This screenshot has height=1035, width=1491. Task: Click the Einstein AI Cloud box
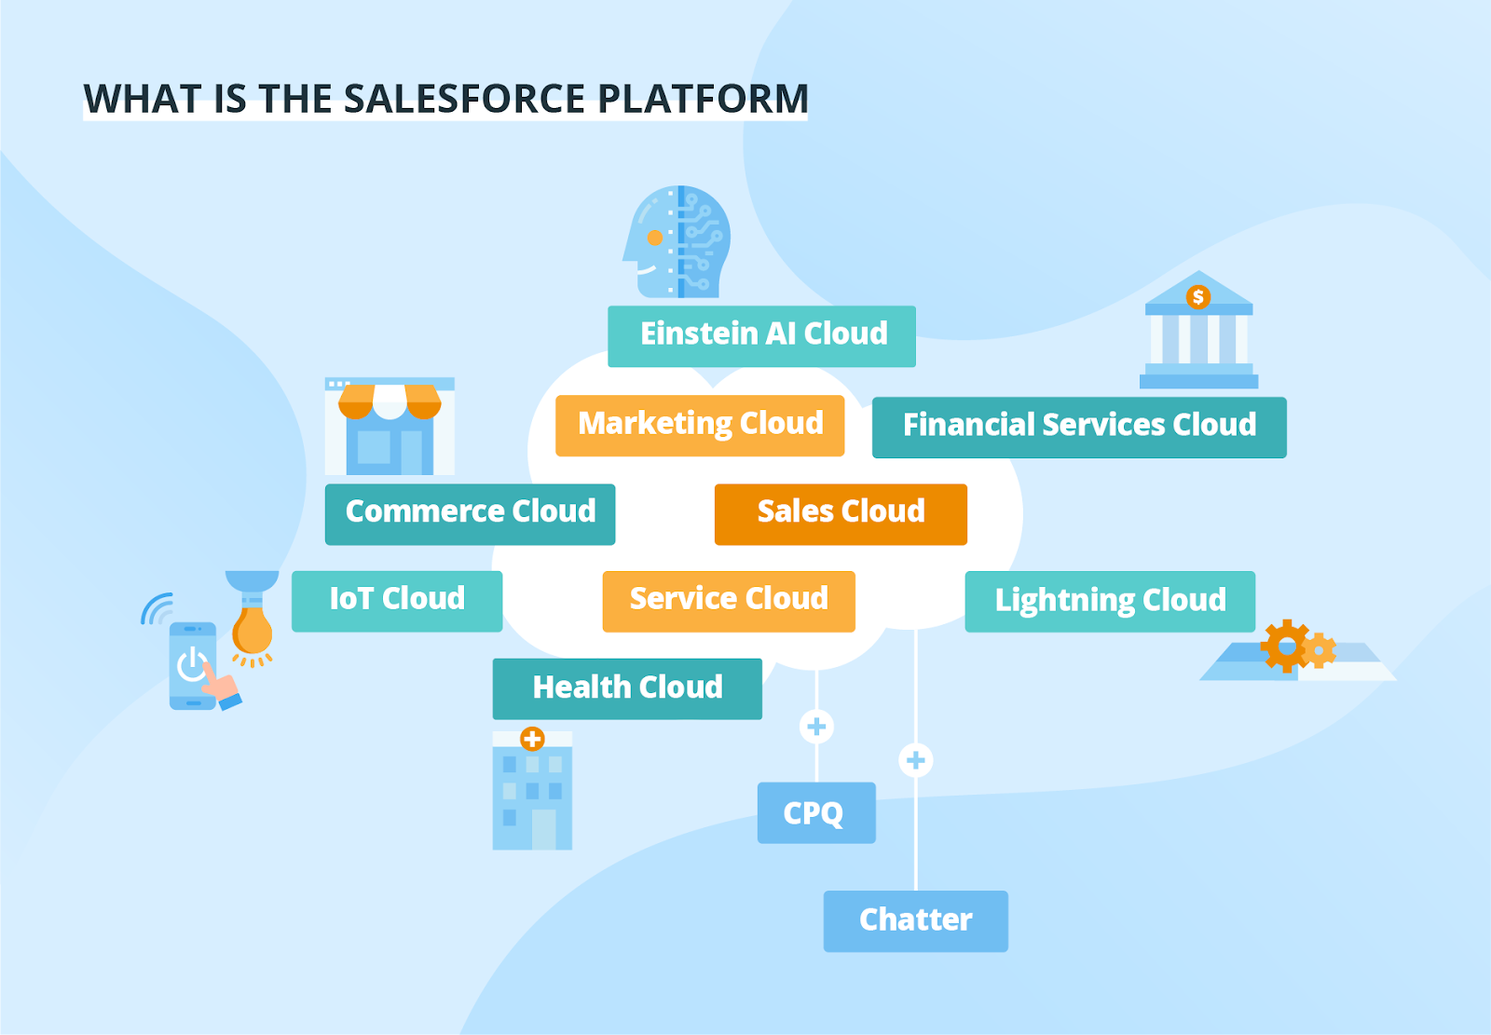(761, 335)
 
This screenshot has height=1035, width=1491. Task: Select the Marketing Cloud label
(700, 425)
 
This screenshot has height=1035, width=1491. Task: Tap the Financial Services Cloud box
(1079, 427)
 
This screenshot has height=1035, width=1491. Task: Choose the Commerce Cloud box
(470, 513)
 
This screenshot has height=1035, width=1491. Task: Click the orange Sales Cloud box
(841, 513)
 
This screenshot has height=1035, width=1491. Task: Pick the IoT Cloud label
(397, 601)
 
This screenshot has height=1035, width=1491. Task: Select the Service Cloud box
(729, 601)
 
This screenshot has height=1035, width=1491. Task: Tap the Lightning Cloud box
(1110, 601)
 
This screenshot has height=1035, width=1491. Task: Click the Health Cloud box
(627, 688)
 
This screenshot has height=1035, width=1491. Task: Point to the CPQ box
(816, 812)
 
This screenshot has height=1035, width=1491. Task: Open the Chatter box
(915, 920)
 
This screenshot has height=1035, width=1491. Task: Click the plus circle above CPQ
(816, 727)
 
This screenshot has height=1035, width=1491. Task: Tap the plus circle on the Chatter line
(916, 760)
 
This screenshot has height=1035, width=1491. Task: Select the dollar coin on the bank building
(1198, 297)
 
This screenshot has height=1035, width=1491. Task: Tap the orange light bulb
(253, 631)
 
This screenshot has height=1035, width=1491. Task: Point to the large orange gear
(1286, 645)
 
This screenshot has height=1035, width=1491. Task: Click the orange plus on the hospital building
(532, 740)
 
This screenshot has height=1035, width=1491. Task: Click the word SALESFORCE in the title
(465, 99)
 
